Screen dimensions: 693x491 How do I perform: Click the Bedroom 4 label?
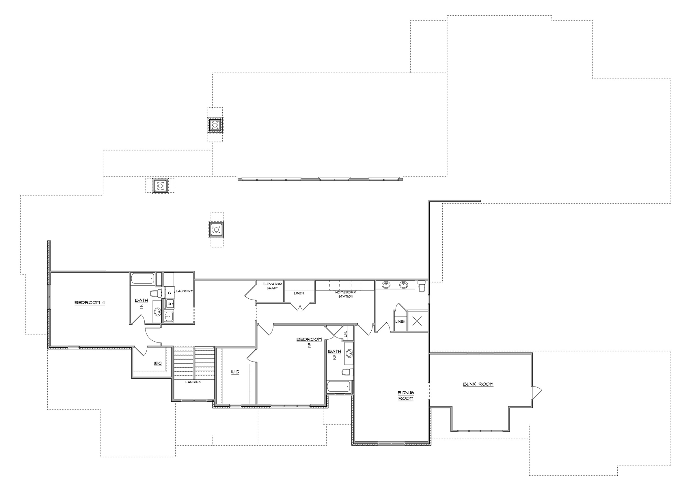[x=90, y=303]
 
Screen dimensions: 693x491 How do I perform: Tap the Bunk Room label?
[x=478, y=384]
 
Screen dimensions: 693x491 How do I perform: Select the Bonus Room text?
[x=406, y=395]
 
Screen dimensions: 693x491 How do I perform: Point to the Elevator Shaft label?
[x=272, y=286]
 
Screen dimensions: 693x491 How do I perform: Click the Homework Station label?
[x=346, y=294]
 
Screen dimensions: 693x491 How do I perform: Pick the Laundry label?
[x=184, y=291]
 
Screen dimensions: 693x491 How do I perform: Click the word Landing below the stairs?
[x=193, y=382]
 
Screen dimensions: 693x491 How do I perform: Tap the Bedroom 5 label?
[x=309, y=342]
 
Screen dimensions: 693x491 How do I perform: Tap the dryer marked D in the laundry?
[x=169, y=293]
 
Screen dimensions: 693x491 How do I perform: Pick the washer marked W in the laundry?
[x=169, y=303]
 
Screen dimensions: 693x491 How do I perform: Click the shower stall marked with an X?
[x=417, y=321]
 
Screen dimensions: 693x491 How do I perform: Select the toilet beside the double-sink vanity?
[x=422, y=286]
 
